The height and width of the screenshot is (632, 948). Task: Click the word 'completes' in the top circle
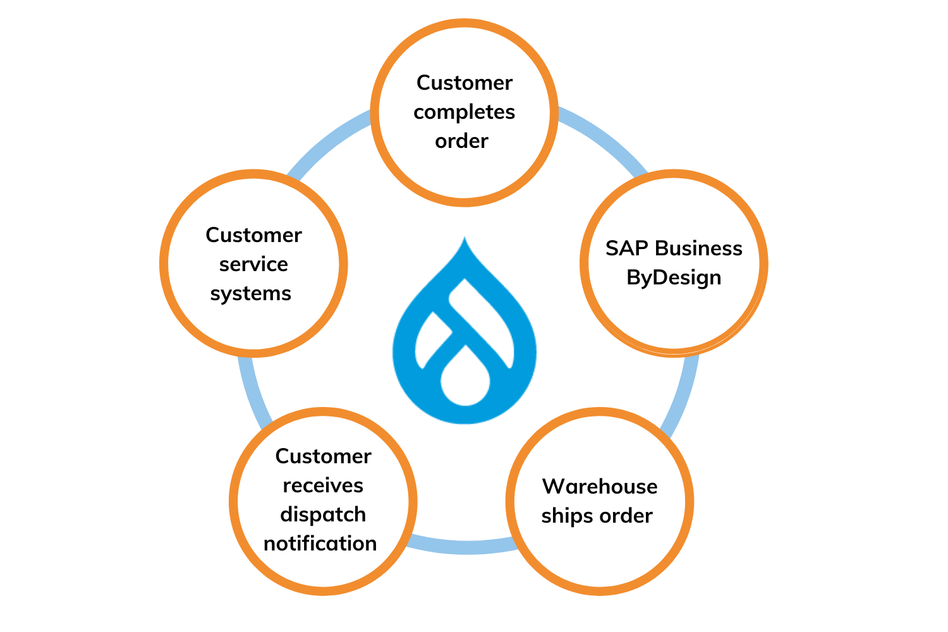click(x=464, y=112)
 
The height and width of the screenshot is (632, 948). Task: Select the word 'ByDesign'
click(x=674, y=277)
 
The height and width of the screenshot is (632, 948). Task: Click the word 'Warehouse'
click(x=600, y=487)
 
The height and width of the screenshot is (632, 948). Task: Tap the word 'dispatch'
click(x=323, y=514)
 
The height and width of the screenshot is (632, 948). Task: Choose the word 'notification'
click(x=320, y=544)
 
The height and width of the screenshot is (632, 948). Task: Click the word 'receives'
click(x=323, y=485)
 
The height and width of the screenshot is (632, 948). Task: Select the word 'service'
click(x=253, y=264)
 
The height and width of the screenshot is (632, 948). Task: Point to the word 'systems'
click(x=251, y=293)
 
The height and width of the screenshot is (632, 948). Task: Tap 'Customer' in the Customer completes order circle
click(x=465, y=83)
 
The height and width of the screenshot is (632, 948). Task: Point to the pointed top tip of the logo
click(x=465, y=241)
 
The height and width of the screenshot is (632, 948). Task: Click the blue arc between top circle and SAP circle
click(x=604, y=137)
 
